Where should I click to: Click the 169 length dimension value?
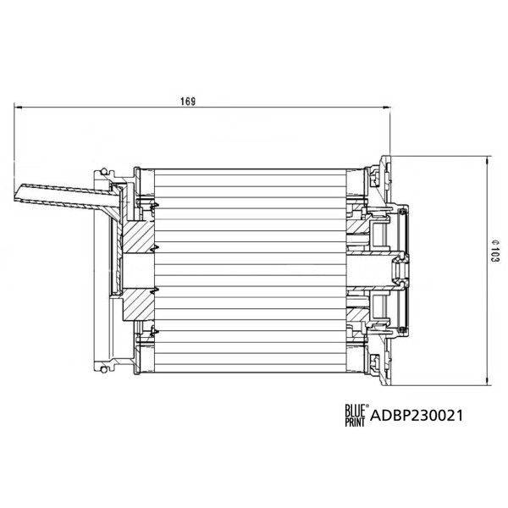(x=189, y=102)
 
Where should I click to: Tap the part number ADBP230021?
(x=417, y=416)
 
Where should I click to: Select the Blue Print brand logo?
(x=355, y=415)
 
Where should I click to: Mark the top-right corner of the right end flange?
(x=390, y=157)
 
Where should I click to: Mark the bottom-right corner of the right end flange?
(x=390, y=384)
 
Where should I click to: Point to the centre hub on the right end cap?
(x=398, y=269)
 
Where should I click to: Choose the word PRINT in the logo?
(x=355, y=421)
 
